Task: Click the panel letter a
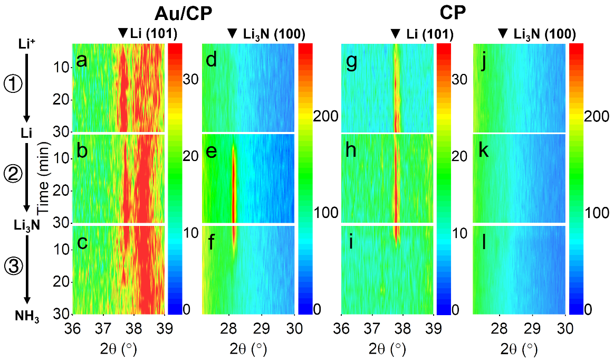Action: click(x=81, y=61)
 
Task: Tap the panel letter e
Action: click(x=212, y=151)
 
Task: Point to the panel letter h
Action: click(x=351, y=151)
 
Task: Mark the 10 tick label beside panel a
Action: click(x=62, y=68)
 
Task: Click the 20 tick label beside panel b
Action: click(x=62, y=191)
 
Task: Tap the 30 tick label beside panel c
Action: click(x=62, y=314)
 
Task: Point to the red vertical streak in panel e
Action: click(x=233, y=185)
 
